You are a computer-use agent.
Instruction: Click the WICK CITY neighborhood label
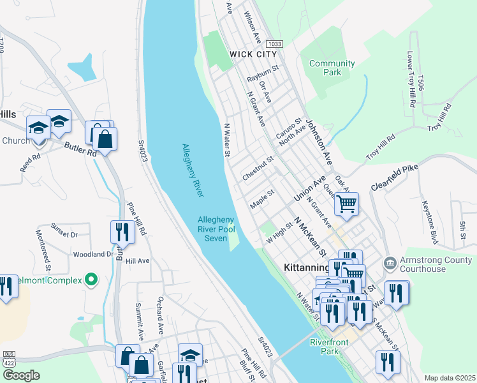pos(254,55)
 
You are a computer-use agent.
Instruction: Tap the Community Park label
pos(332,68)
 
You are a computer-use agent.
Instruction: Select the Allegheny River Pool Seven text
pos(216,229)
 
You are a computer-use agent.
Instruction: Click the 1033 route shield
pos(274,43)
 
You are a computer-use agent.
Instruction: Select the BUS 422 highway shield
pos(9,358)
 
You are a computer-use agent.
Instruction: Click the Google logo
pos(21,375)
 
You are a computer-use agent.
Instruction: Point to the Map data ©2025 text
pos(450,378)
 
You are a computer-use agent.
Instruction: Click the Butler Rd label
pos(80,149)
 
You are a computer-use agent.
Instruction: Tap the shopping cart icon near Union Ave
pos(346,204)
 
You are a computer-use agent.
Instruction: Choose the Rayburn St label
pos(263,73)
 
